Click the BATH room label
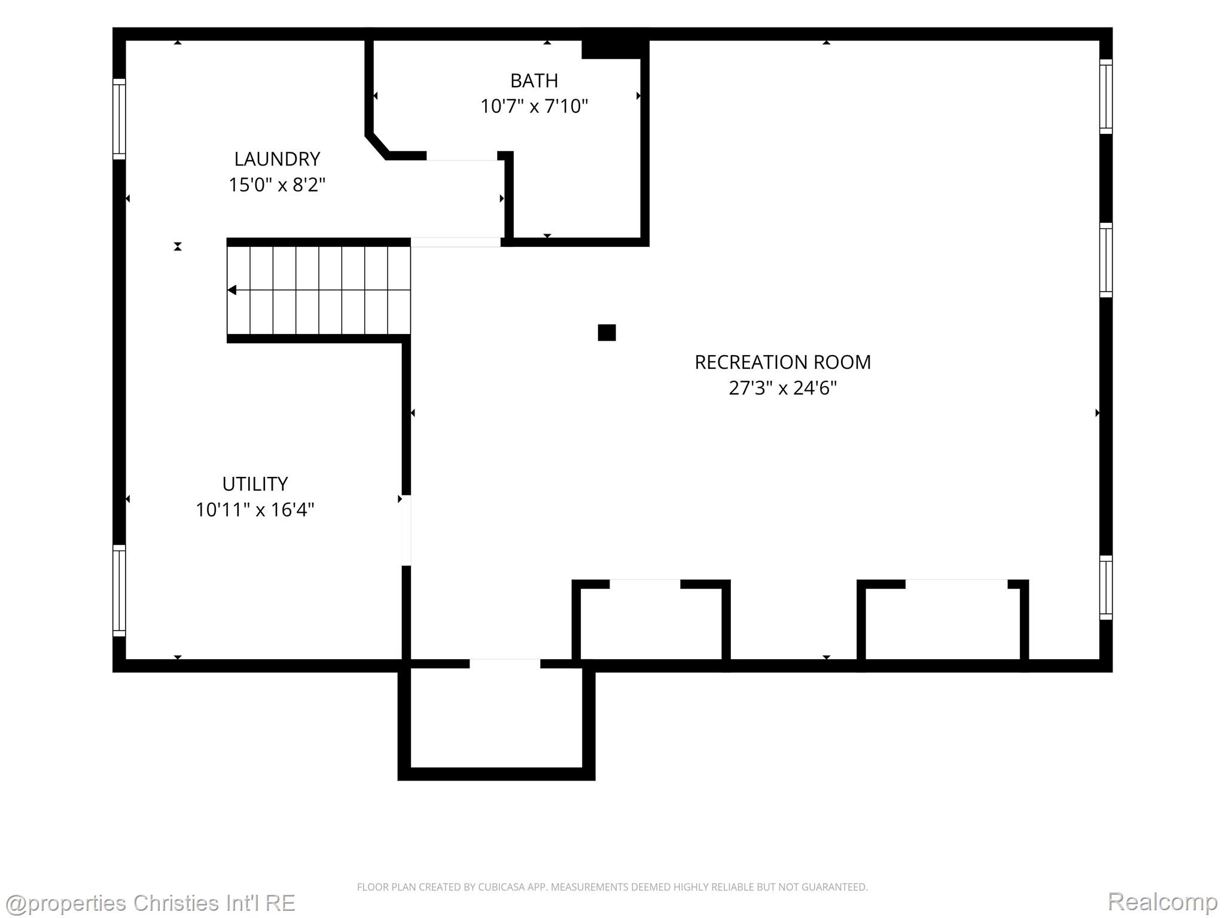534,80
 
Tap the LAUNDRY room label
277,159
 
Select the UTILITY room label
255,484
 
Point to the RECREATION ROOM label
782,362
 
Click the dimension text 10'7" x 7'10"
534,106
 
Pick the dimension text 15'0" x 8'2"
277,185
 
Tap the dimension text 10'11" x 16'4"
255,510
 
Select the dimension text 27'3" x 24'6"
782,388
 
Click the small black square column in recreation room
607,332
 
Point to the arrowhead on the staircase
232,290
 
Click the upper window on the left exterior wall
120,119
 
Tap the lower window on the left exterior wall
120,590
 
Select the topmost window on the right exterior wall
1106,97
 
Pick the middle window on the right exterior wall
1106,260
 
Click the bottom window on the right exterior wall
1106,587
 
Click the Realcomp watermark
1162,901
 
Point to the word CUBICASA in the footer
499,888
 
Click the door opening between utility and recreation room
406,530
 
